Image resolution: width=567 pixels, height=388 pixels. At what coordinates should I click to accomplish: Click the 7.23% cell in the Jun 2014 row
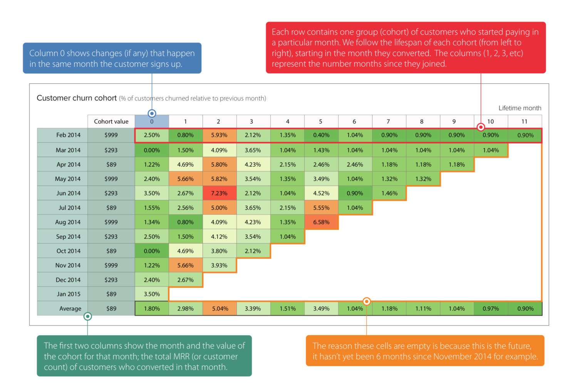click(219, 193)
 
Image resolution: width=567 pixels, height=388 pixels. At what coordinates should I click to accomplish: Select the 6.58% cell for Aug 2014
click(321, 222)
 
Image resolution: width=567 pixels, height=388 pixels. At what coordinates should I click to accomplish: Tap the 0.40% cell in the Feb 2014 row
click(321, 135)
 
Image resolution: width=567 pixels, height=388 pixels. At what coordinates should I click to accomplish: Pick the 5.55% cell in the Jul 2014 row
click(321, 208)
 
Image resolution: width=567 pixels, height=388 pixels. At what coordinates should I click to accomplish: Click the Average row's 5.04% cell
click(220, 309)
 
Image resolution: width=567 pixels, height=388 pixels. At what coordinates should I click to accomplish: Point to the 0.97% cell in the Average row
click(491, 309)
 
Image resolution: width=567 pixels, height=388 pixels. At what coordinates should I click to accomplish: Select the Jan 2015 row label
click(69, 294)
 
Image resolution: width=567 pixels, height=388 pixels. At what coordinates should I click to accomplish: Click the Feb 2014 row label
click(68, 135)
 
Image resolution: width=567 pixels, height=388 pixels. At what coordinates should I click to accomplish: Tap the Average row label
click(70, 309)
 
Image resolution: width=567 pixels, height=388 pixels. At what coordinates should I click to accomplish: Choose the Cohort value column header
click(111, 121)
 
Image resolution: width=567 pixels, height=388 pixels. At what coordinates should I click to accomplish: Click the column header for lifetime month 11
click(524, 121)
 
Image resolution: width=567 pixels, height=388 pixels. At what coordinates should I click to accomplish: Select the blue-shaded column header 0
click(152, 121)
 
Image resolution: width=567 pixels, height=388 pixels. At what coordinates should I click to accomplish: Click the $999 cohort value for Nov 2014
click(111, 265)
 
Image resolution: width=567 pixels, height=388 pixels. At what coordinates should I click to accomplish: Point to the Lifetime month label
click(520, 108)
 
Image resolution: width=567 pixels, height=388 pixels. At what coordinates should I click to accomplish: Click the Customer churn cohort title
click(77, 98)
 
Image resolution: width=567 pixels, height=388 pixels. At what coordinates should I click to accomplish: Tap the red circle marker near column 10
click(481, 127)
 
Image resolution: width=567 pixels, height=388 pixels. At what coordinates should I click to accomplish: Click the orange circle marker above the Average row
click(367, 301)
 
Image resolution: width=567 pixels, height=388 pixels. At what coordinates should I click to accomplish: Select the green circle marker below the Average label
click(88, 317)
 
